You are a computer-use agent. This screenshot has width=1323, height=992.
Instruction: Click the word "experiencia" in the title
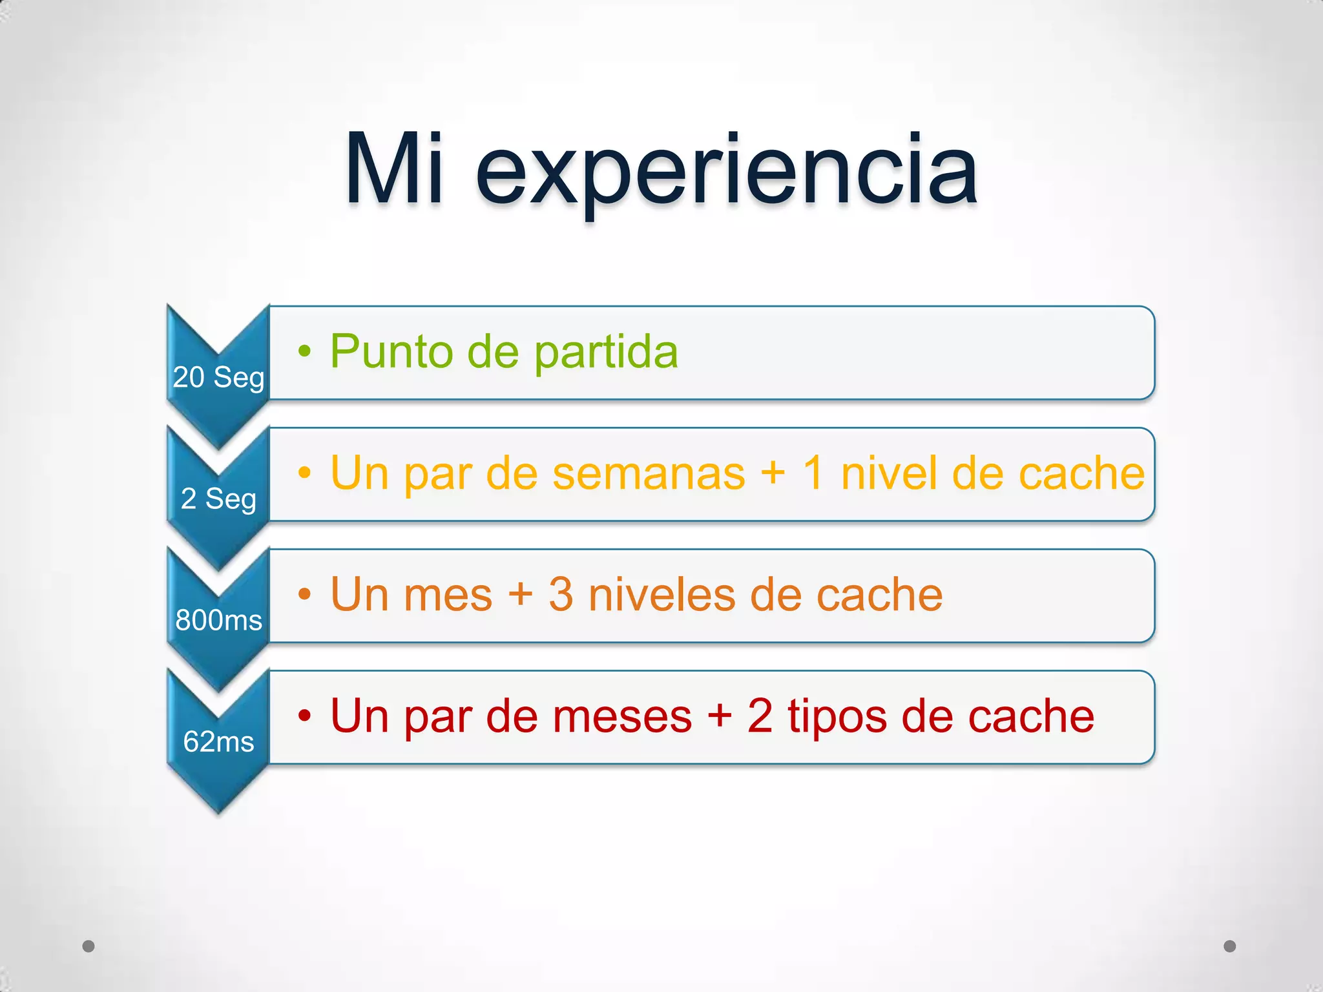click(726, 173)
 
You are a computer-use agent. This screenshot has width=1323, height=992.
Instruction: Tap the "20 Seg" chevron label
click(218, 377)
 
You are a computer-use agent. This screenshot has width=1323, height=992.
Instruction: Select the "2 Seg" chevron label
click(218, 499)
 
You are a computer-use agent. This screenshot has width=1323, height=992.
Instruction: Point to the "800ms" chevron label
click(218, 620)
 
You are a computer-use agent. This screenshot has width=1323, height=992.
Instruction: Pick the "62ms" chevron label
click(218, 741)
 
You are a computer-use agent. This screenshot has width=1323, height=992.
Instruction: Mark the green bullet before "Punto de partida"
click(304, 351)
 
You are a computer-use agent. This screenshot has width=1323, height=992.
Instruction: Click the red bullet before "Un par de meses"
click(304, 716)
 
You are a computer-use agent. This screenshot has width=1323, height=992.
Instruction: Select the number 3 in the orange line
click(561, 595)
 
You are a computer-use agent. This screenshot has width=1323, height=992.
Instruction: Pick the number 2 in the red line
click(760, 716)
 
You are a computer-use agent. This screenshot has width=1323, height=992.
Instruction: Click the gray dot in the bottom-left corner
click(89, 946)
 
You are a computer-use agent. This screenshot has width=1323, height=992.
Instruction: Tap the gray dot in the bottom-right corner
click(1230, 946)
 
